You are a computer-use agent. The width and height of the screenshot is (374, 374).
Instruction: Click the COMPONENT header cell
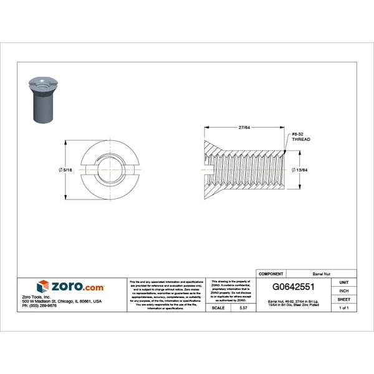pyautogui.click(x=271, y=274)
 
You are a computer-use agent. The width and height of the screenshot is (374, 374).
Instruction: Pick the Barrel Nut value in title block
pyautogui.click(x=321, y=274)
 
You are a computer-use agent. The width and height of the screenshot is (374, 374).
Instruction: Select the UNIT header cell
pyautogui.click(x=343, y=282)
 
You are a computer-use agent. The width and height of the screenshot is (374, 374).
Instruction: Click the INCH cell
pyautogui.click(x=343, y=290)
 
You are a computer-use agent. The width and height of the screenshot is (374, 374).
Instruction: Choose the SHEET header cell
pyautogui.click(x=343, y=299)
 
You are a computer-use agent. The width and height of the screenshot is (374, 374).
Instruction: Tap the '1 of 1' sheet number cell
pyautogui.click(x=343, y=308)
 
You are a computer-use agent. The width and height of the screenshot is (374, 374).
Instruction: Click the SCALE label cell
pyautogui.click(x=218, y=308)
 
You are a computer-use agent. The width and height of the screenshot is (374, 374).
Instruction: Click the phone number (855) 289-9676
pyautogui.click(x=39, y=305)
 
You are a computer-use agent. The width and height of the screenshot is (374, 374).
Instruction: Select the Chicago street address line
pyautogui.click(x=62, y=301)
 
